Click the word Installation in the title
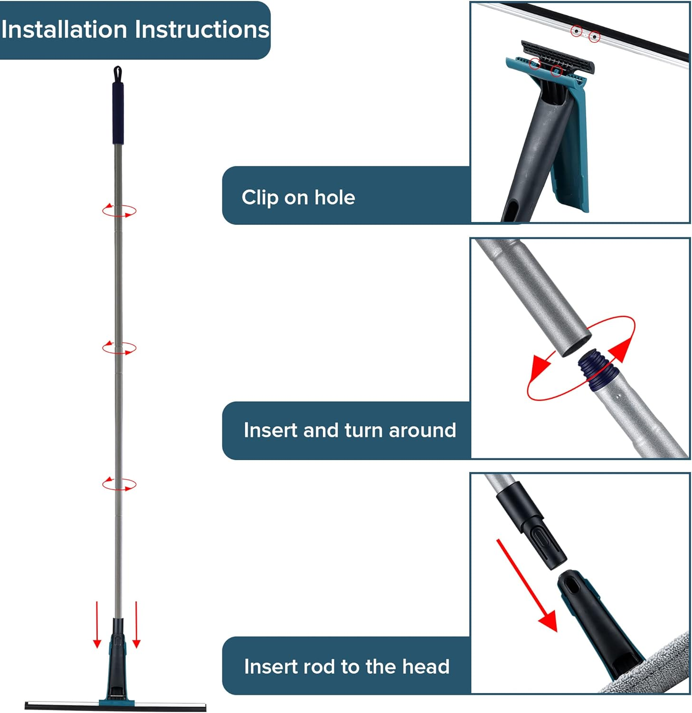pos(65,29)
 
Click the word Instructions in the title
pos(202,29)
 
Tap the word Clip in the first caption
pos(260,198)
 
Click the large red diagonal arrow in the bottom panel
pos(526,585)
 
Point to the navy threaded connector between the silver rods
pos(596,369)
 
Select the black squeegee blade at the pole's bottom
pos(115,706)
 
